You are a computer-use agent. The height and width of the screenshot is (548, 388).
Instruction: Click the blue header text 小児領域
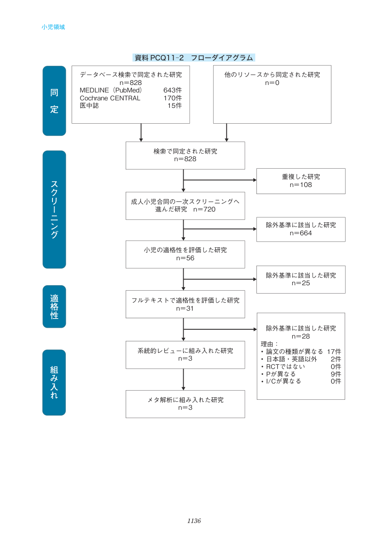(53, 27)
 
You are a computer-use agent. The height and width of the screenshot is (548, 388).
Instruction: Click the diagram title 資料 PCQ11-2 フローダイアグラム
(194, 58)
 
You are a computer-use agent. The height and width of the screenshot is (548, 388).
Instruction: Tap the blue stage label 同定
(54, 101)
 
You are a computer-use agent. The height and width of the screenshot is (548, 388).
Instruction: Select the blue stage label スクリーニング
(54, 209)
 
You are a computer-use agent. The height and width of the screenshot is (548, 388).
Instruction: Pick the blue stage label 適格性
(54, 306)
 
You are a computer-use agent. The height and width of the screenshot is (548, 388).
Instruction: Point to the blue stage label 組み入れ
(54, 382)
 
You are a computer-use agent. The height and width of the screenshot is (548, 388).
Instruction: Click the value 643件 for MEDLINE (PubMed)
(172, 90)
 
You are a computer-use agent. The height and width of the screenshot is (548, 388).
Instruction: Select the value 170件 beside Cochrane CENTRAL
(172, 98)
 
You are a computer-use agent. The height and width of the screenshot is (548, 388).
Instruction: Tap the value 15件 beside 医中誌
(174, 105)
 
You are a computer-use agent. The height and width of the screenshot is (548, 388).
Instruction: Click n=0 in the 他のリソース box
(272, 83)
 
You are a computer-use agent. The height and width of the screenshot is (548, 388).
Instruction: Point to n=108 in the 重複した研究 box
(301, 185)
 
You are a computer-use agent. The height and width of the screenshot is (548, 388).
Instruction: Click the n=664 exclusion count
(301, 233)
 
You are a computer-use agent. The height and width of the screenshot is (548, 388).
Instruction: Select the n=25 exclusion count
(301, 283)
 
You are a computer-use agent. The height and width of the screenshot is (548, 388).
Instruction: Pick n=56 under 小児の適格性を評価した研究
(185, 258)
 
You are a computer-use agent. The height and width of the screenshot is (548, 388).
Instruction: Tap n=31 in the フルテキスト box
(185, 309)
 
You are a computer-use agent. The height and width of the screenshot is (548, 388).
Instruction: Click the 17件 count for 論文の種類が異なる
(334, 351)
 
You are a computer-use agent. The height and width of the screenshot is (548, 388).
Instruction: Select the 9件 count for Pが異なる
(336, 374)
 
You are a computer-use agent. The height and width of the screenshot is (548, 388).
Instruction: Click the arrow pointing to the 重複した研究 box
(220, 180)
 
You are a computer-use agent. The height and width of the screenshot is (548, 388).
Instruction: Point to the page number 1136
(194, 521)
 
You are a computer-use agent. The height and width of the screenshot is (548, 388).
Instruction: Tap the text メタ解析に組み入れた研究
(185, 400)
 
